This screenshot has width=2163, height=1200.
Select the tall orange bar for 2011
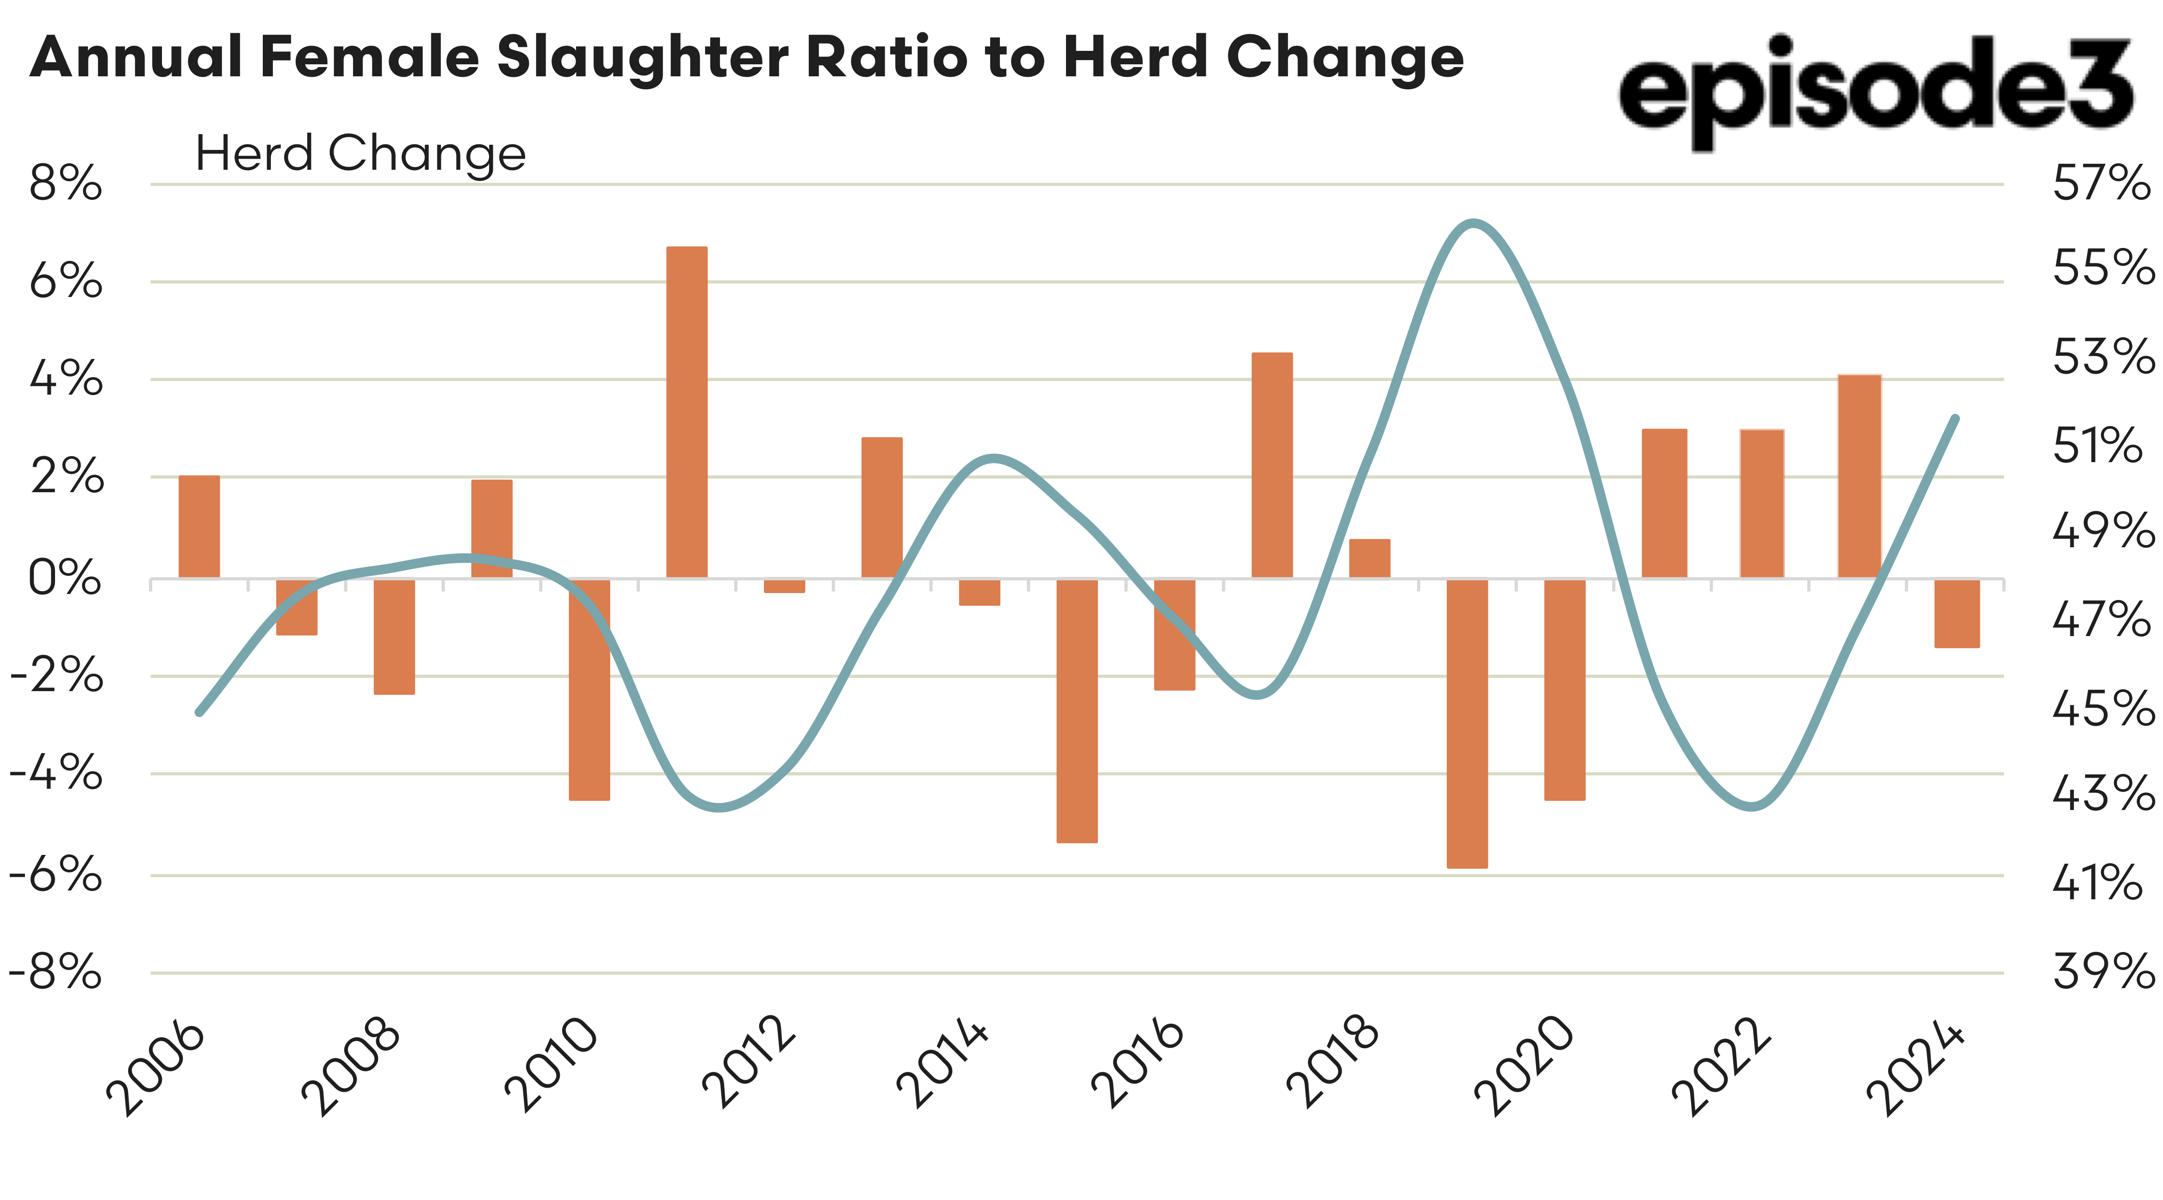pos(687,411)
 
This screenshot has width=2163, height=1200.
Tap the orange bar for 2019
pos(1467,722)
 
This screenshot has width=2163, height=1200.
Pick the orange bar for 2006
pos(199,526)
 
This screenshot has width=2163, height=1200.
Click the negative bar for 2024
pos(1957,613)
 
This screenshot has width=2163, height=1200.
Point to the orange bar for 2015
pos(1077,711)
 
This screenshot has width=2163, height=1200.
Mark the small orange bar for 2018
pos(1370,558)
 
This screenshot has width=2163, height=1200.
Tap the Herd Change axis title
pos(360,154)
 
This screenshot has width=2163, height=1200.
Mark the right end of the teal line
pos(1956,418)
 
